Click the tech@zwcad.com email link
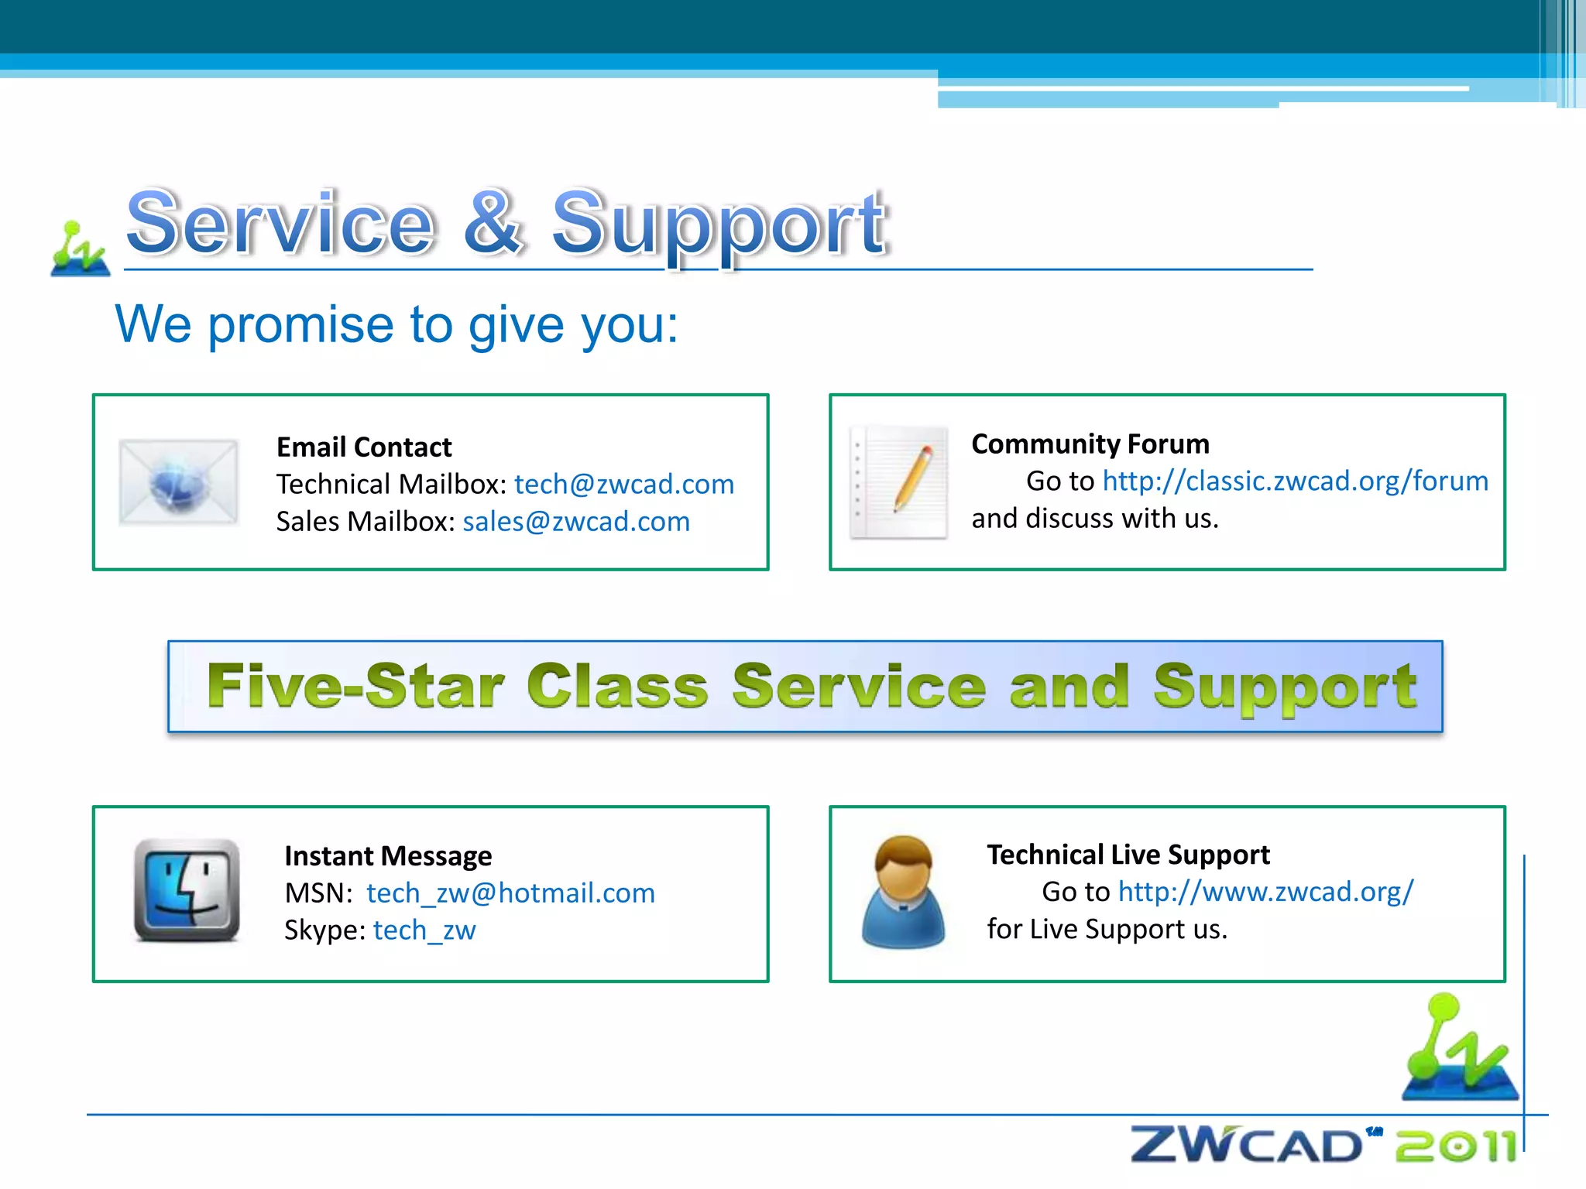coord(623,485)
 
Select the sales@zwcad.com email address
coord(575,522)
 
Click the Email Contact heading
coord(364,447)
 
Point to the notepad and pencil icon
coord(899,481)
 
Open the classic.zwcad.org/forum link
coord(1295,481)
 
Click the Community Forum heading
coord(1090,444)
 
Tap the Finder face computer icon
coord(187,890)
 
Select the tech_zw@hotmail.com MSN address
coord(510,893)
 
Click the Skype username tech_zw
coord(424,930)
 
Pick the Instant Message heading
coord(388,856)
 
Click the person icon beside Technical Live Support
coord(903,893)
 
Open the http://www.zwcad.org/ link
coord(1265,892)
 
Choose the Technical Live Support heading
coord(1128,855)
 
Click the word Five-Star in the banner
coord(355,686)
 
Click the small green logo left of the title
coord(80,249)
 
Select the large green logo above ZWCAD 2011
coord(1459,1049)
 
